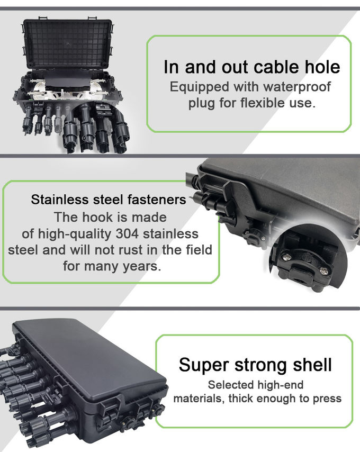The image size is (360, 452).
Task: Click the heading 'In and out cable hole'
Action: [251, 67]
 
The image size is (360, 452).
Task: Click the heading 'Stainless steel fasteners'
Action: [109, 200]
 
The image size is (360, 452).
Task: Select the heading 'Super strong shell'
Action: [255, 365]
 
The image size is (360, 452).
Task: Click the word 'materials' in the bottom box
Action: [199, 398]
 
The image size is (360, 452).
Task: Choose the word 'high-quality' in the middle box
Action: [72, 233]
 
